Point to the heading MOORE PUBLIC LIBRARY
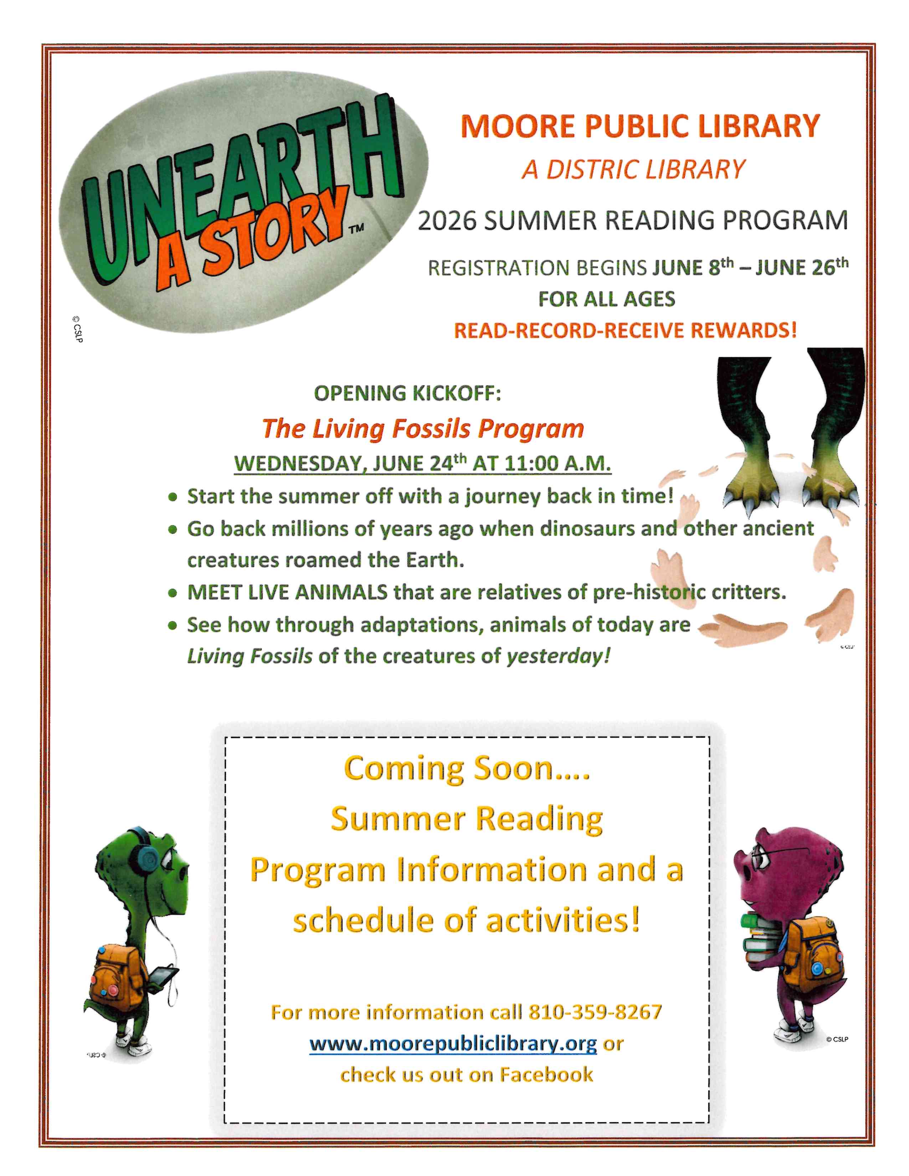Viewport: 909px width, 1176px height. pos(640,126)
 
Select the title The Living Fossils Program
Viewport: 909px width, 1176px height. pos(423,429)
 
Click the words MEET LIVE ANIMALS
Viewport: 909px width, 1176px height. pos(287,592)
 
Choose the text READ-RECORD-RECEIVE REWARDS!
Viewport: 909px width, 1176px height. pos(625,330)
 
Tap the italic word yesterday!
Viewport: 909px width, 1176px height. pos(559,656)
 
